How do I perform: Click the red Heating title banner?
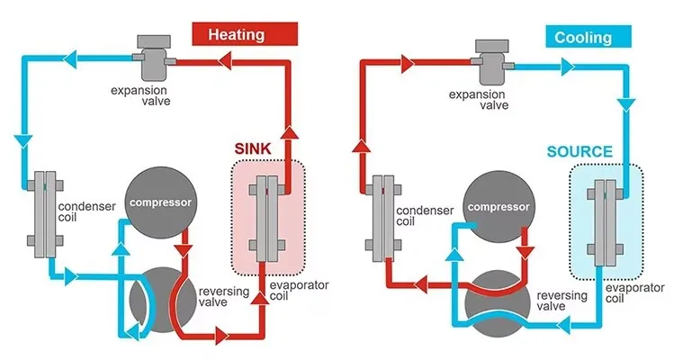coord(237,35)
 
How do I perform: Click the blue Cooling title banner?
coord(583,37)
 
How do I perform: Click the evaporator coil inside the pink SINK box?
coord(268,215)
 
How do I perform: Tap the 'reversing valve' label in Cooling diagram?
coord(562,301)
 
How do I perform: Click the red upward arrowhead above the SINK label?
coord(291,133)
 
